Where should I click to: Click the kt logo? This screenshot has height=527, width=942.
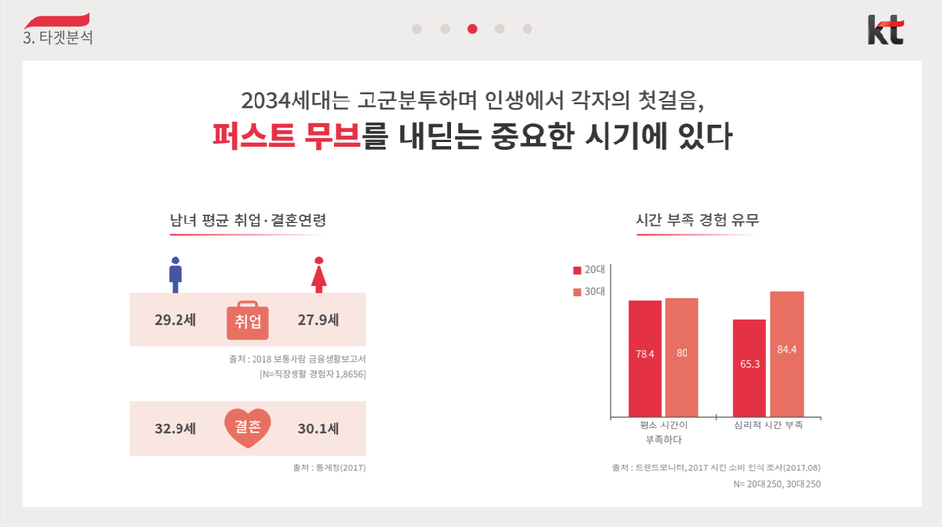pyautogui.click(x=885, y=29)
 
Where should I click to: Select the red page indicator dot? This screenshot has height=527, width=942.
pyautogui.click(x=472, y=29)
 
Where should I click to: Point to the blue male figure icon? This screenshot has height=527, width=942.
pyautogui.click(x=176, y=274)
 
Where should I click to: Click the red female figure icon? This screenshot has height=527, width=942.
pyautogui.click(x=318, y=274)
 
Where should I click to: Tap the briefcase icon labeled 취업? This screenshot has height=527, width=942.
pyautogui.click(x=248, y=319)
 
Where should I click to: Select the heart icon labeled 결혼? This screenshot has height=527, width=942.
pyautogui.click(x=248, y=427)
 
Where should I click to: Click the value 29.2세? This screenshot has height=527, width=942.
pyautogui.click(x=176, y=319)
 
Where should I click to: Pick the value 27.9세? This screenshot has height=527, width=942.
pyautogui.click(x=318, y=319)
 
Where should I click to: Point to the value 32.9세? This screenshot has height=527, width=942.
pyautogui.click(x=176, y=427)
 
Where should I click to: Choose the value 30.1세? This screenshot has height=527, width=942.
pyautogui.click(x=318, y=427)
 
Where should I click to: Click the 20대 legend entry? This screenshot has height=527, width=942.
pyautogui.click(x=589, y=268)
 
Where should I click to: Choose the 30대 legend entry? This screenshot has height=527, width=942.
pyautogui.click(x=589, y=291)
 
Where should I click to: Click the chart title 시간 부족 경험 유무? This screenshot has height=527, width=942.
pyautogui.click(x=696, y=221)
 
